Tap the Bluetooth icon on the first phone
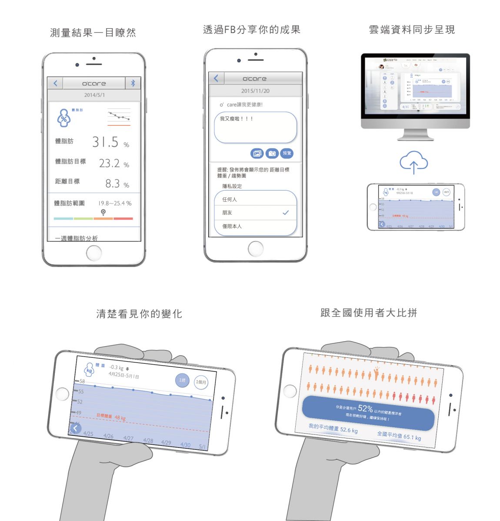tap(133, 83)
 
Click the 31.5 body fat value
tap(106, 142)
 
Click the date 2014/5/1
tap(94, 95)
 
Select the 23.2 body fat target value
tap(110, 163)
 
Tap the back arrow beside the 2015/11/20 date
tap(216, 79)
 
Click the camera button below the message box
tap(272, 153)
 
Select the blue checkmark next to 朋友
tap(286, 213)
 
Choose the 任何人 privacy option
tap(230, 199)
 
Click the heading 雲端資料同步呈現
tap(412, 30)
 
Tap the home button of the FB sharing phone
tap(256, 249)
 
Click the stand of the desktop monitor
tap(415, 135)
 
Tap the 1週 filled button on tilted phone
tap(182, 380)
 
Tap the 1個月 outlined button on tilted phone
tap(201, 382)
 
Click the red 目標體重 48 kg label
tap(111, 417)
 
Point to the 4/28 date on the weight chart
tap(148, 441)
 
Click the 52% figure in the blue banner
tap(365, 408)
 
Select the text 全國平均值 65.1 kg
tap(399, 435)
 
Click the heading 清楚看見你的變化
tap(139, 314)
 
